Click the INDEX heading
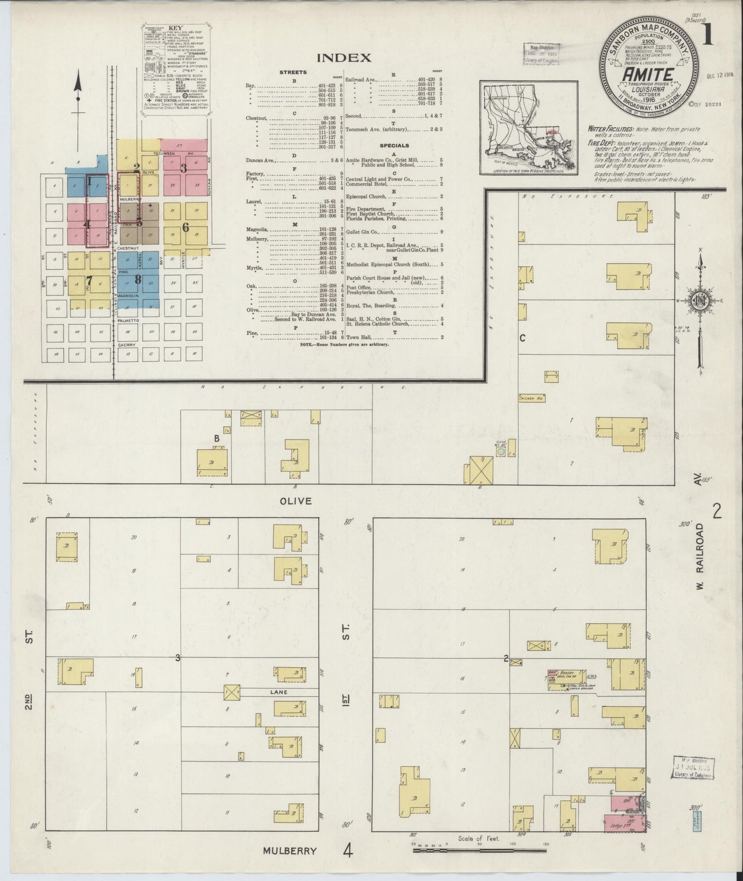343,58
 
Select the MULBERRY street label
289,850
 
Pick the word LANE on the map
278,692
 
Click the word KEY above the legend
176,28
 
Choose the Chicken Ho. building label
531,398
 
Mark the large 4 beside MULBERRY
349,851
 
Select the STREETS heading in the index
293,72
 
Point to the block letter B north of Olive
217,438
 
